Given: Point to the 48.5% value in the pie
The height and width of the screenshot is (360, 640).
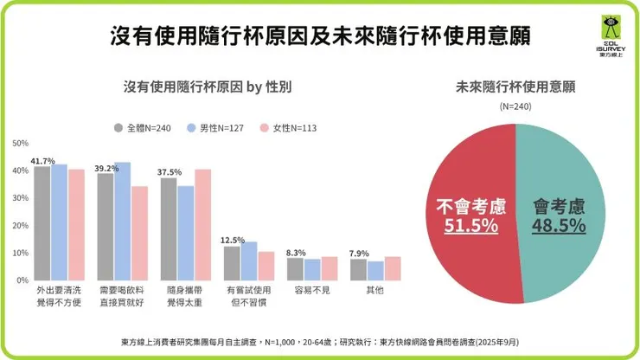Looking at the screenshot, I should (559, 226).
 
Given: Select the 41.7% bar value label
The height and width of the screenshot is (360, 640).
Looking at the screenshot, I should (42, 161).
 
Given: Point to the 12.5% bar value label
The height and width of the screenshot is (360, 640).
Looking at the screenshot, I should (232, 240).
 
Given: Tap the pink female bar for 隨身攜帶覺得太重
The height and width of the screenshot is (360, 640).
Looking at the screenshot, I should (202, 225).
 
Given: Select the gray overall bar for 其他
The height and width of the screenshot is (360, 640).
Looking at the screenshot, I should (358, 270).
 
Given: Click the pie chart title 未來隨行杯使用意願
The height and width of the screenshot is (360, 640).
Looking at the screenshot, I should (516, 87).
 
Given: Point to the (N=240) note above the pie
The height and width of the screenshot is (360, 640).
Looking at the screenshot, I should (515, 106).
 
